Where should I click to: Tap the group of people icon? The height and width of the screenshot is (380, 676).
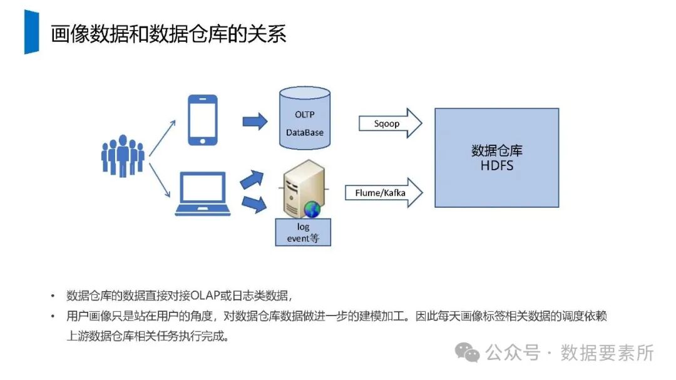[123, 155]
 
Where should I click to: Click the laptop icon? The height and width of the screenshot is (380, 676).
[203, 192]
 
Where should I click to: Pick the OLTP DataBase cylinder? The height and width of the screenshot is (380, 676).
[304, 119]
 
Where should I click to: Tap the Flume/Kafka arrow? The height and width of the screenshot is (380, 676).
[384, 193]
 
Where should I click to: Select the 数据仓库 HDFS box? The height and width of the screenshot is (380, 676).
[496, 158]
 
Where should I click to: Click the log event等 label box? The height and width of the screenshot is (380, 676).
[303, 232]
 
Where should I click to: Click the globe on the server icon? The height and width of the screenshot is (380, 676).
[312, 209]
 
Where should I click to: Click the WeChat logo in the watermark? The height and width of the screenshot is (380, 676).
[468, 352]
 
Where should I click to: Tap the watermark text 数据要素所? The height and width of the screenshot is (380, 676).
[607, 352]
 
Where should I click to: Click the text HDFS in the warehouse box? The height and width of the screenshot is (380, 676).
[496, 165]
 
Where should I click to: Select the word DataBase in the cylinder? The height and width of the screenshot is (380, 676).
[305, 133]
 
